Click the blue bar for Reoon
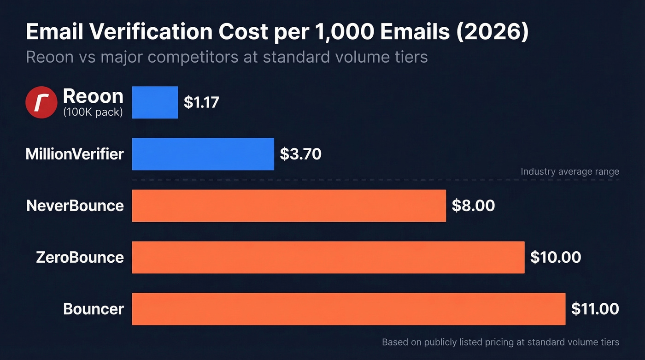coord(155,102)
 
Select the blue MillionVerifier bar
coord(203,154)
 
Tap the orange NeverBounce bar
coord(289,206)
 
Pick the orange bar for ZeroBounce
coord(328,257)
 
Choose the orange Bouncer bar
coord(348,309)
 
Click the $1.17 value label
coord(201,102)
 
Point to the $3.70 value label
coord(300,154)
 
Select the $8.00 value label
coord(473,206)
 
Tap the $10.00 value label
coord(555,257)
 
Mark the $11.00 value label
coord(595,309)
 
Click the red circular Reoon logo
coord(41,102)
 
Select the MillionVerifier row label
coord(75,154)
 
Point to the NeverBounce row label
coord(75,206)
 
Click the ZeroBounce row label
coord(80,257)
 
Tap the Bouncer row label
coord(94,309)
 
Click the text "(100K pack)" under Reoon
coord(93,112)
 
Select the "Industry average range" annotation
coord(569,171)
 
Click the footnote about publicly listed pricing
coord(500,342)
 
